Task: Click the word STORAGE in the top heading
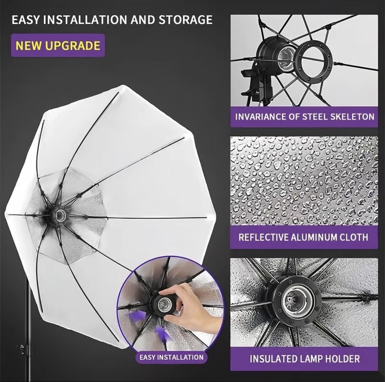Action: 185,20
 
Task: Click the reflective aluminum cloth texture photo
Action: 304,181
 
